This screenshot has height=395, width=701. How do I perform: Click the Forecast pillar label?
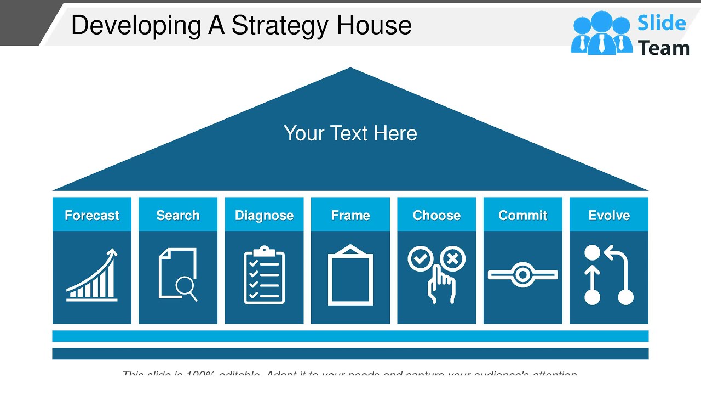click(92, 215)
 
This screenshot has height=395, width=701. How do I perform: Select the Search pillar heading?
click(178, 215)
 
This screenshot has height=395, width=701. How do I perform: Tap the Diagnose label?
click(264, 215)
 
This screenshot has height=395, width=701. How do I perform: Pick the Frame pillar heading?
click(350, 215)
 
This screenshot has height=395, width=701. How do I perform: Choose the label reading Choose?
click(436, 215)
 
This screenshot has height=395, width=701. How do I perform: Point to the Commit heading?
click(522, 215)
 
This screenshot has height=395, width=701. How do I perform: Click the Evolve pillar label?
click(609, 215)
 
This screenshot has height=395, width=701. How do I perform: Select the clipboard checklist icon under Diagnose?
click(264, 275)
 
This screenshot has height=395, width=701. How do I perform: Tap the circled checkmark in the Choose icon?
click(421, 259)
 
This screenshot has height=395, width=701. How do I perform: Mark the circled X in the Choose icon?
click(453, 259)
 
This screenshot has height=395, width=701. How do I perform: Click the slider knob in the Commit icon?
click(522, 274)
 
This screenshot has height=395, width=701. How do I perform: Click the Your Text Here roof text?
click(350, 133)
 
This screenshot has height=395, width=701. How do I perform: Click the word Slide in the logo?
click(662, 23)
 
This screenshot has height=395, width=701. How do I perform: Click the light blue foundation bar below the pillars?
click(350, 336)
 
